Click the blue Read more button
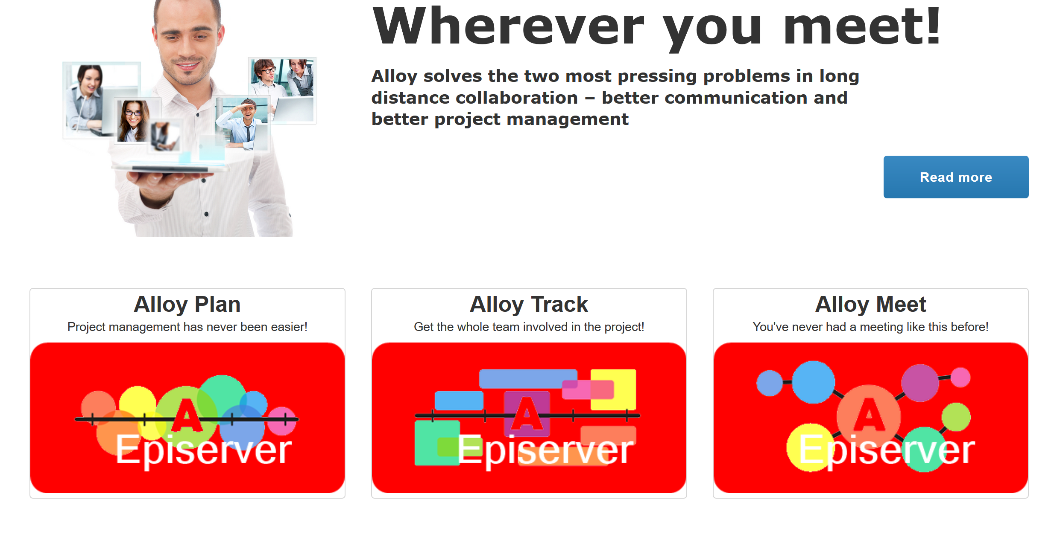pyautogui.click(x=956, y=177)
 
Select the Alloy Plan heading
pyautogui.click(x=187, y=305)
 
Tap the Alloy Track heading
pyautogui.click(x=529, y=305)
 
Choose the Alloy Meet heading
pyautogui.click(x=870, y=305)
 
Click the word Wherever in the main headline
pyautogui.click(x=508, y=26)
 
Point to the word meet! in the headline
pyautogui.click(x=862, y=26)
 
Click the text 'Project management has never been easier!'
pyautogui.click(x=187, y=327)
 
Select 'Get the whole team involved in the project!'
pyautogui.click(x=529, y=327)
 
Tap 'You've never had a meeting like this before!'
pyautogui.click(x=870, y=327)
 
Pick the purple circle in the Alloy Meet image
pyautogui.click(x=920, y=383)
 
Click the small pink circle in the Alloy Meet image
pyautogui.click(x=960, y=377)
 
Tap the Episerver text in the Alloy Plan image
pyautogui.click(x=204, y=450)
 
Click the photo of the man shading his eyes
pyautogui.click(x=242, y=124)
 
